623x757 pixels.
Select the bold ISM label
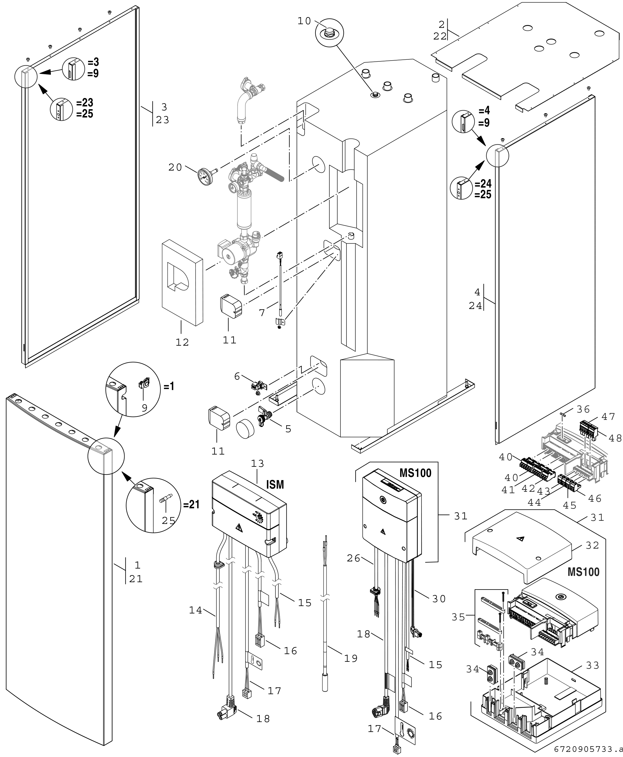(275, 485)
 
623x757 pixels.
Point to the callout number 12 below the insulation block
(182, 343)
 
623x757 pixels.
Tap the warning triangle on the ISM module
(238, 528)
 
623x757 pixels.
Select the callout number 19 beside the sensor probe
(351, 658)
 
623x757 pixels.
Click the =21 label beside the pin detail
(191, 504)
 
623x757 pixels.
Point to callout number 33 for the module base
(593, 666)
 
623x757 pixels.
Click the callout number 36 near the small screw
(583, 409)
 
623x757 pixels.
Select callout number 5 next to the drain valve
(288, 429)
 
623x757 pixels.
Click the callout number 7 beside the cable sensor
(262, 313)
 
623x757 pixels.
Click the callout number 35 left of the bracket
(458, 617)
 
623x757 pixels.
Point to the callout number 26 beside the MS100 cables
(354, 559)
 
